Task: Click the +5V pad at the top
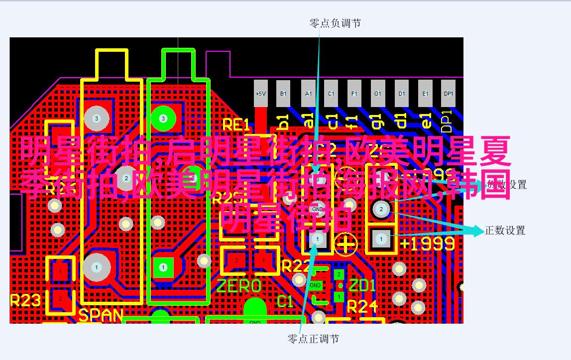260,94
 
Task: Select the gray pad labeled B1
283,94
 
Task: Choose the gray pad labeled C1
331,94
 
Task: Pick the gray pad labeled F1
354,94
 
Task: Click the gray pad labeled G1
378,94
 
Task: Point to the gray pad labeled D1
401,94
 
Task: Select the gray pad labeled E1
425,94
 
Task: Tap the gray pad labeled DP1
449,94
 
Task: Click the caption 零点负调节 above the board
335,23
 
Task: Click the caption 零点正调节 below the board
313,339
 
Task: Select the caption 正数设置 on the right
505,231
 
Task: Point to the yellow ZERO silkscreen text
239,286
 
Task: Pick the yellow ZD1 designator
362,286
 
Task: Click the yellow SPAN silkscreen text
101,315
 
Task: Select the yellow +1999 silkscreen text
427,243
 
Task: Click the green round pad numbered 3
162,119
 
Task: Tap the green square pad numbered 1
163,267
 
